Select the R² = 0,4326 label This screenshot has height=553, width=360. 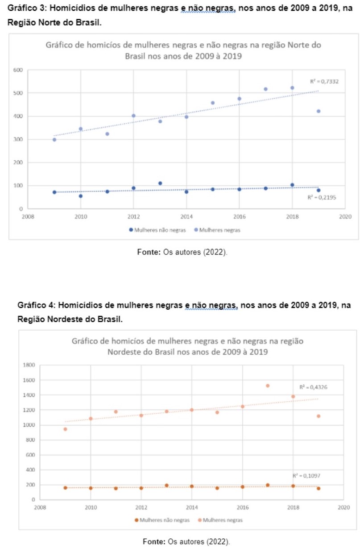[x=313, y=387]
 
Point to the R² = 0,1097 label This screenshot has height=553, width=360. [x=306, y=476]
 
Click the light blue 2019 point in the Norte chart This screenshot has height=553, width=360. [x=319, y=111]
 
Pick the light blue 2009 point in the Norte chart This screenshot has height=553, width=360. [x=54, y=140]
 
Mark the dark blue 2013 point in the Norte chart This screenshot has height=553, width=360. [x=160, y=183]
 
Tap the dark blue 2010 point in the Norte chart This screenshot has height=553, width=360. [x=81, y=196]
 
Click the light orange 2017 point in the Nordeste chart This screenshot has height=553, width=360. [x=268, y=386]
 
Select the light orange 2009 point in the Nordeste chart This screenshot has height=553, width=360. [x=65, y=429]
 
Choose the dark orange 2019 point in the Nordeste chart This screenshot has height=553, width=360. [x=319, y=488]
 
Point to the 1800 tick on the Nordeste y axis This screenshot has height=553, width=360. [x=29, y=365]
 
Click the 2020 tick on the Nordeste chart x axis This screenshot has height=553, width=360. [x=344, y=507]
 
